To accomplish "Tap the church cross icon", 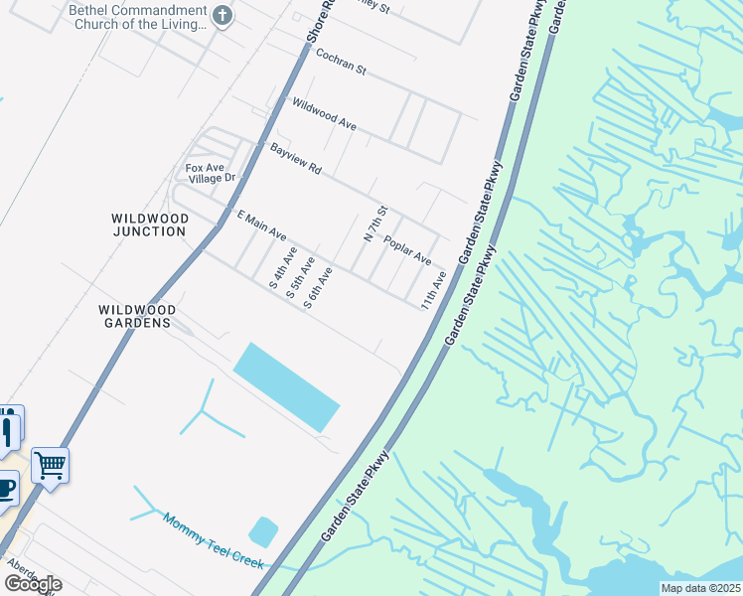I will pyautogui.click(x=222, y=16).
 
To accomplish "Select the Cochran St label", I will pyautogui.click(x=341, y=63).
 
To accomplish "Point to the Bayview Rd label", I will pyautogui.click(x=295, y=159).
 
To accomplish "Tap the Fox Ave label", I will pyautogui.click(x=205, y=167).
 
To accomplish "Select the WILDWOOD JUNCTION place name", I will pyautogui.click(x=149, y=224).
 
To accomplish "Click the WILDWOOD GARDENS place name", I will pyautogui.click(x=135, y=316).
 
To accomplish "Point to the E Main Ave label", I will pyautogui.click(x=260, y=225).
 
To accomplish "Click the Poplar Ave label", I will pyautogui.click(x=407, y=251).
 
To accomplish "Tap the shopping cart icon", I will pyautogui.click(x=50, y=464).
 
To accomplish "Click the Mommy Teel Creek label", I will pyautogui.click(x=213, y=540).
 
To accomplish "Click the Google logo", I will pyautogui.click(x=32, y=584).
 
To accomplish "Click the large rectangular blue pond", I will pyautogui.click(x=286, y=386).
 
